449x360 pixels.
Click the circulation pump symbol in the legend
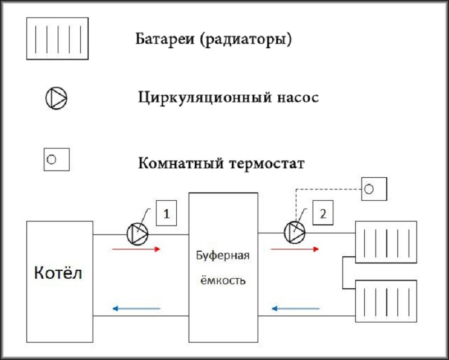click(57, 98)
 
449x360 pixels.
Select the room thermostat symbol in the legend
click(57, 159)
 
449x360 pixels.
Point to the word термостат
click(267, 163)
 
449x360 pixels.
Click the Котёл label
click(58, 273)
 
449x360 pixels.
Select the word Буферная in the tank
click(223, 255)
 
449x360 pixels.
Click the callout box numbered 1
click(166, 213)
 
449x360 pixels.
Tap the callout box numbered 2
click(323, 213)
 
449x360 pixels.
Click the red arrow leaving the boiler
click(136, 250)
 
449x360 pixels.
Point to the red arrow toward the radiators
click(295, 250)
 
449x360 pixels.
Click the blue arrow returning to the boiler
click(136, 308)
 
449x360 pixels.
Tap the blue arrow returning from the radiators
click(296, 308)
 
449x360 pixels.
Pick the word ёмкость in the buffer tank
click(222, 280)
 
